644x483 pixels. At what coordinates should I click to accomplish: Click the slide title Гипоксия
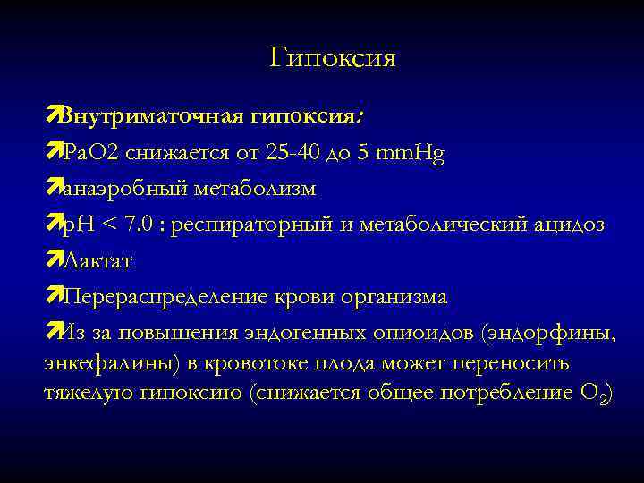pos(332,59)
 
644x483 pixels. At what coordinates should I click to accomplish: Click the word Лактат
pos(99,261)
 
